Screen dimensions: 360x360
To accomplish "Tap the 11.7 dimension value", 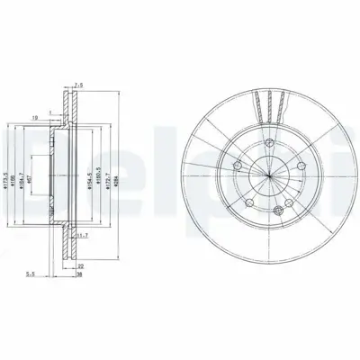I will coord(82,237).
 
